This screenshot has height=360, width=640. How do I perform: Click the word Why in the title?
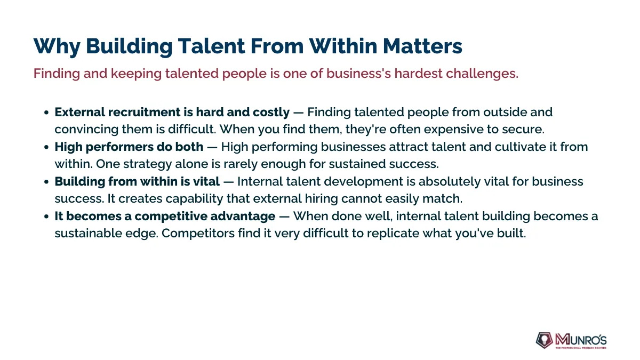tap(57, 46)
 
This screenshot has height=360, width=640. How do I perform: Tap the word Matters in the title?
tap(422, 46)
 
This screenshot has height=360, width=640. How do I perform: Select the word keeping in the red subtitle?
tap(137, 74)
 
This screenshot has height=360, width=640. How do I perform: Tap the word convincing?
tap(86, 130)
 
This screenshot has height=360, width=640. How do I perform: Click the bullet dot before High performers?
tap(46, 147)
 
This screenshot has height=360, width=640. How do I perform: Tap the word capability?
tap(194, 199)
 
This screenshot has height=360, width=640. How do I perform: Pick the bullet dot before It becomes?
tap(46, 217)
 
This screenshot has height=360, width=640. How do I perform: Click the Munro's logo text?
tap(581, 340)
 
